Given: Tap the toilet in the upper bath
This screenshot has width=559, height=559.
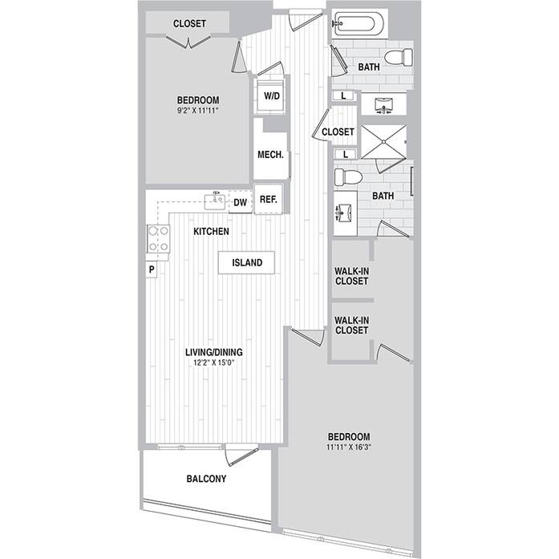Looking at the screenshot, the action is (399, 58).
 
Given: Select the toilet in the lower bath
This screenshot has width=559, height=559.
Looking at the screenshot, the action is (348, 177).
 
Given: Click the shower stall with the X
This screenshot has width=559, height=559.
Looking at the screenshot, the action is (384, 141).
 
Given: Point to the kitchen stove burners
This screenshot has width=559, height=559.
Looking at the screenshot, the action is (158, 239).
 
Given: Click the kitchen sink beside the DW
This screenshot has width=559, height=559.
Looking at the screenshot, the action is (215, 201).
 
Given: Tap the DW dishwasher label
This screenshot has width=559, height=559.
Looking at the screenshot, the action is (241, 202).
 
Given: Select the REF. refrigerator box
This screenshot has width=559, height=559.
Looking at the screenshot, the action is (269, 199).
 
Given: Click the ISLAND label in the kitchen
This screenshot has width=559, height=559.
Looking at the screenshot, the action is (247, 263).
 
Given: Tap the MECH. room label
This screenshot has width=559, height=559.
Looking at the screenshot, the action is (270, 155).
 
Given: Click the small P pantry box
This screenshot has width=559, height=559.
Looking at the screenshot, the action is (152, 269).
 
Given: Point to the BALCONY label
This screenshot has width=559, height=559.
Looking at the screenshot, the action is (206, 479).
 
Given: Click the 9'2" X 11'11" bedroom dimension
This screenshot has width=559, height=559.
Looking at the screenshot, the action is (197, 111).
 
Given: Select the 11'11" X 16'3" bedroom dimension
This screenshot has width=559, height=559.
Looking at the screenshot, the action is (349, 447).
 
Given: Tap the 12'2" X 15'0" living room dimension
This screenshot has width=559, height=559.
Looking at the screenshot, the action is (214, 363).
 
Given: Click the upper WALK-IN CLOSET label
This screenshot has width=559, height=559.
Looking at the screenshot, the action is (351, 276).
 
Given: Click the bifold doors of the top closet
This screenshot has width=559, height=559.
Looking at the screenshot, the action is (188, 42).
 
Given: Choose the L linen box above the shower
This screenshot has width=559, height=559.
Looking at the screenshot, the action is (344, 95).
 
